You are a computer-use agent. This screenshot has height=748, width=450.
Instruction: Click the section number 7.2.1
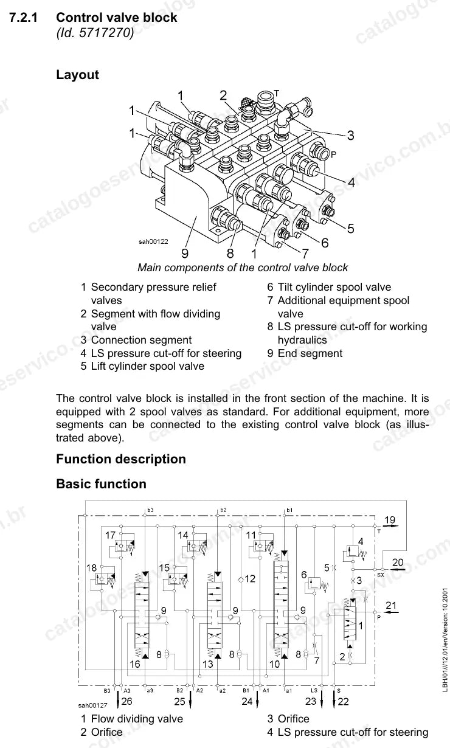(x=23, y=18)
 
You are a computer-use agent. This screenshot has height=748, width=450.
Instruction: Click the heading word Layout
(x=77, y=75)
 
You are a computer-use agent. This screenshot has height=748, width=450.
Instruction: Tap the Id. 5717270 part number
(x=95, y=33)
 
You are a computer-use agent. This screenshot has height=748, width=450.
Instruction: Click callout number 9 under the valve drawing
(x=185, y=254)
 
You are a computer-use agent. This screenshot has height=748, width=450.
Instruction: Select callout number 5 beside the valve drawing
(x=350, y=229)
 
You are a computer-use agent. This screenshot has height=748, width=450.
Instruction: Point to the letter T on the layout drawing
(x=277, y=93)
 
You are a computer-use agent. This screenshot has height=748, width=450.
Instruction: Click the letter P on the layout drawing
(x=333, y=154)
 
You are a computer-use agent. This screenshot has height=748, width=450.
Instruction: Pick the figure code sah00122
(x=153, y=241)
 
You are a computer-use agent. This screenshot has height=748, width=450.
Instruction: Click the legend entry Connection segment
(x=141, y=340)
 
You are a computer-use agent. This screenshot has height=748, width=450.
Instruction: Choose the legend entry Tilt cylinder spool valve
(x=334, y=287)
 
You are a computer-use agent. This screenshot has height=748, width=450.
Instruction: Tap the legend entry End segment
(x=310, y=353)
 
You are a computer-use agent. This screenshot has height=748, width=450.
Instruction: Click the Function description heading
(x=121, y=459)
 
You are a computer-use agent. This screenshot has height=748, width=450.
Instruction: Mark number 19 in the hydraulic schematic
(x=390, y=520)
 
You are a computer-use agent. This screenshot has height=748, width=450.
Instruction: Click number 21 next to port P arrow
(x=391, y=606)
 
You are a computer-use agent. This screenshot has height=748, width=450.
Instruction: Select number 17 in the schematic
(x=110, y=535)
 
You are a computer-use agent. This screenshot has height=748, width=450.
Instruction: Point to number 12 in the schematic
(x=250, y=579)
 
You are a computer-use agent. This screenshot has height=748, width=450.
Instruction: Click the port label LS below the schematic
(x=314, y=690)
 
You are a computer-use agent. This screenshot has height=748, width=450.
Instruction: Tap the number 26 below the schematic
(x=127, y=701)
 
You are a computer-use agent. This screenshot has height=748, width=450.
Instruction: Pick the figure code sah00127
(x=92, y=705)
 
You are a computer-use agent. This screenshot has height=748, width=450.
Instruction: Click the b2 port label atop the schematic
(x=223, y=510)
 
